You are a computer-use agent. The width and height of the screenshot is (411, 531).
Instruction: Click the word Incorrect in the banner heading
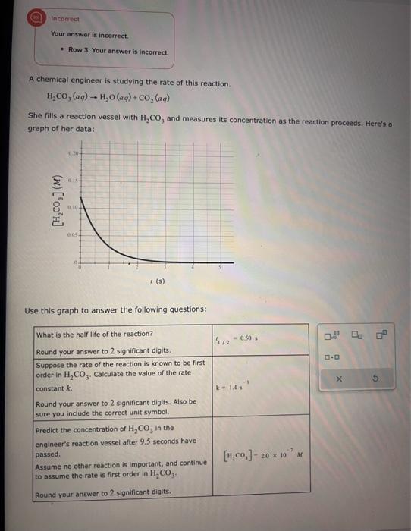[65, 17]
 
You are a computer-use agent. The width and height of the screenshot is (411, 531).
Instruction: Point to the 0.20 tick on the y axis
[72, 152]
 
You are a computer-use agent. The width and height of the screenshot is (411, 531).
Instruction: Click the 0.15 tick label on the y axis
[72, 181]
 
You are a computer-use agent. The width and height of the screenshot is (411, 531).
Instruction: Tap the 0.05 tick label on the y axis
[72, 237]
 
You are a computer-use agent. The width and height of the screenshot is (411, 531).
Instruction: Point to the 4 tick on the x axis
[193, 268]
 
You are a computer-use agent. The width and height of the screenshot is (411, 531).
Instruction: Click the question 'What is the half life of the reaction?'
[95, 334]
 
